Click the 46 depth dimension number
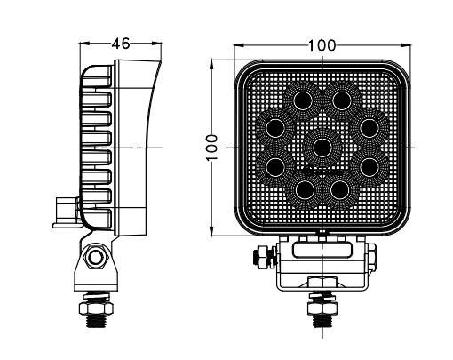[x=121, y=44]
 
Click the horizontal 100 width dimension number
[x=322, y=45]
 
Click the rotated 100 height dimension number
[x=212, y=148]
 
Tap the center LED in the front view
[x=322, y=147]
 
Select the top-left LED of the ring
[x=303, y=100]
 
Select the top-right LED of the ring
[x=342, y=100]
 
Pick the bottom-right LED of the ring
[x=340, y=189]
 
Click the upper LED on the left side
[x=275, y=128]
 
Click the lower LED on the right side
[x=370, y=167]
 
